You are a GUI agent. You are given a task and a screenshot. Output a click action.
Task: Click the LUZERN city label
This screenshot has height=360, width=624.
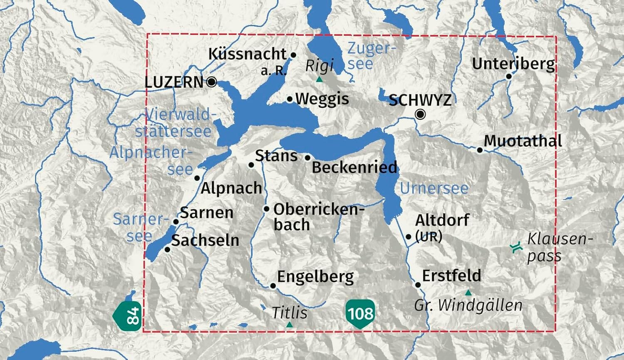click(x=174, y=82)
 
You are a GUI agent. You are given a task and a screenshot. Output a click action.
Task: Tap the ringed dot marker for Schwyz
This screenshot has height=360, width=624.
click(x=421, y=114)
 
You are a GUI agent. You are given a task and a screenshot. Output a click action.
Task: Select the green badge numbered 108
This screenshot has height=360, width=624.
click(x=360, y=313)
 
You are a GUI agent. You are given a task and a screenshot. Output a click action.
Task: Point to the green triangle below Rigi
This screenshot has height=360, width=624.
click(x=319, y=79)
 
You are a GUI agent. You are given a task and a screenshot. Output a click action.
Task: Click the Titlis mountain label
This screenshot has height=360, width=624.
click(x=290, y=313)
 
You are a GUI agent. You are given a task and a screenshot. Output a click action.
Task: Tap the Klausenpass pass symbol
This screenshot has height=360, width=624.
click(x=516, y=247)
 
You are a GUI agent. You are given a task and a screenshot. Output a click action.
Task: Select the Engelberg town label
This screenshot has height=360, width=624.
click(x=315, y=276)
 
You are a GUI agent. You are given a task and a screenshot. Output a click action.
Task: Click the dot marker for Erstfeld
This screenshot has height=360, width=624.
click(x=418, y=285)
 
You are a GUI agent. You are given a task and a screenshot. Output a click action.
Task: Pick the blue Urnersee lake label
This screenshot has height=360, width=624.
click(x=434, y=188)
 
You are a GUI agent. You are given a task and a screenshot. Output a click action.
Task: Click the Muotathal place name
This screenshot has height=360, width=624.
click(x=523, y=141)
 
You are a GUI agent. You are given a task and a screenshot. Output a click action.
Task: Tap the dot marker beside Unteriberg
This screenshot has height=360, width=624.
click(x=509, y=76)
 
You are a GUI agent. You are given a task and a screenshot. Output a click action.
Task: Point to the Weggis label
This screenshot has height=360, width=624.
click(x=322, y=99)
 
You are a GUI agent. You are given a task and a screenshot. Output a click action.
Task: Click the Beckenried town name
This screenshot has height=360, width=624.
click(x=354, y=167)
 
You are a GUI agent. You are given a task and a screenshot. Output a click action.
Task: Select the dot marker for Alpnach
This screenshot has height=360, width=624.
click(x=197, y=178)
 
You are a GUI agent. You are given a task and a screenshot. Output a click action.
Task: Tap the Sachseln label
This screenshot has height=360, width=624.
click(x=205, y=240)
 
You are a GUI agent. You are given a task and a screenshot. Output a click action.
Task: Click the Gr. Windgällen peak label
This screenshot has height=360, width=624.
click(x=468, y=306)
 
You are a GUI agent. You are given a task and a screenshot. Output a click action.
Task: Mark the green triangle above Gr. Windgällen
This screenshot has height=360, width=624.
click(x=468, y=293)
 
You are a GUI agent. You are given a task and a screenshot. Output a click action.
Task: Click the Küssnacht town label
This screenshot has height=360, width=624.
click(x=247, y=54)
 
